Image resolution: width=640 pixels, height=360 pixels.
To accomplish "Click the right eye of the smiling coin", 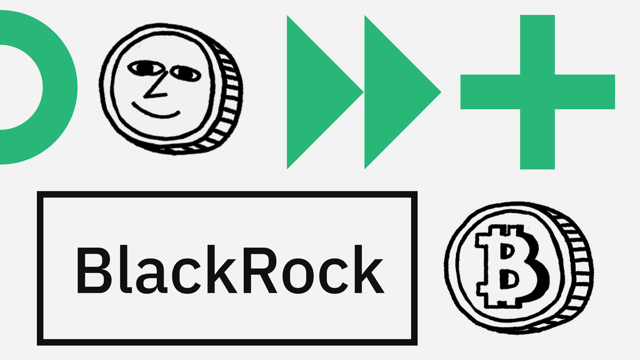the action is point(186,74).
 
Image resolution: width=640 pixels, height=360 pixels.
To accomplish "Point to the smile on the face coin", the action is point(155,111).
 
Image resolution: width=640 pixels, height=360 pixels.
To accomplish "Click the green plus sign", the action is point(538,92).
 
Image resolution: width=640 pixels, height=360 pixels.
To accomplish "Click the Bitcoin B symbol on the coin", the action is point(511,266).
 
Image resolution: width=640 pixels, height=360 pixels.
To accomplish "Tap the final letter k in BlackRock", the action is point(369,269).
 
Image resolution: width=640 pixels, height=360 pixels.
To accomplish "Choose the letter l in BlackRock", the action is point(124,269).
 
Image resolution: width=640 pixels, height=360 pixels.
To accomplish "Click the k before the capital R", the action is point(222,269).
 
